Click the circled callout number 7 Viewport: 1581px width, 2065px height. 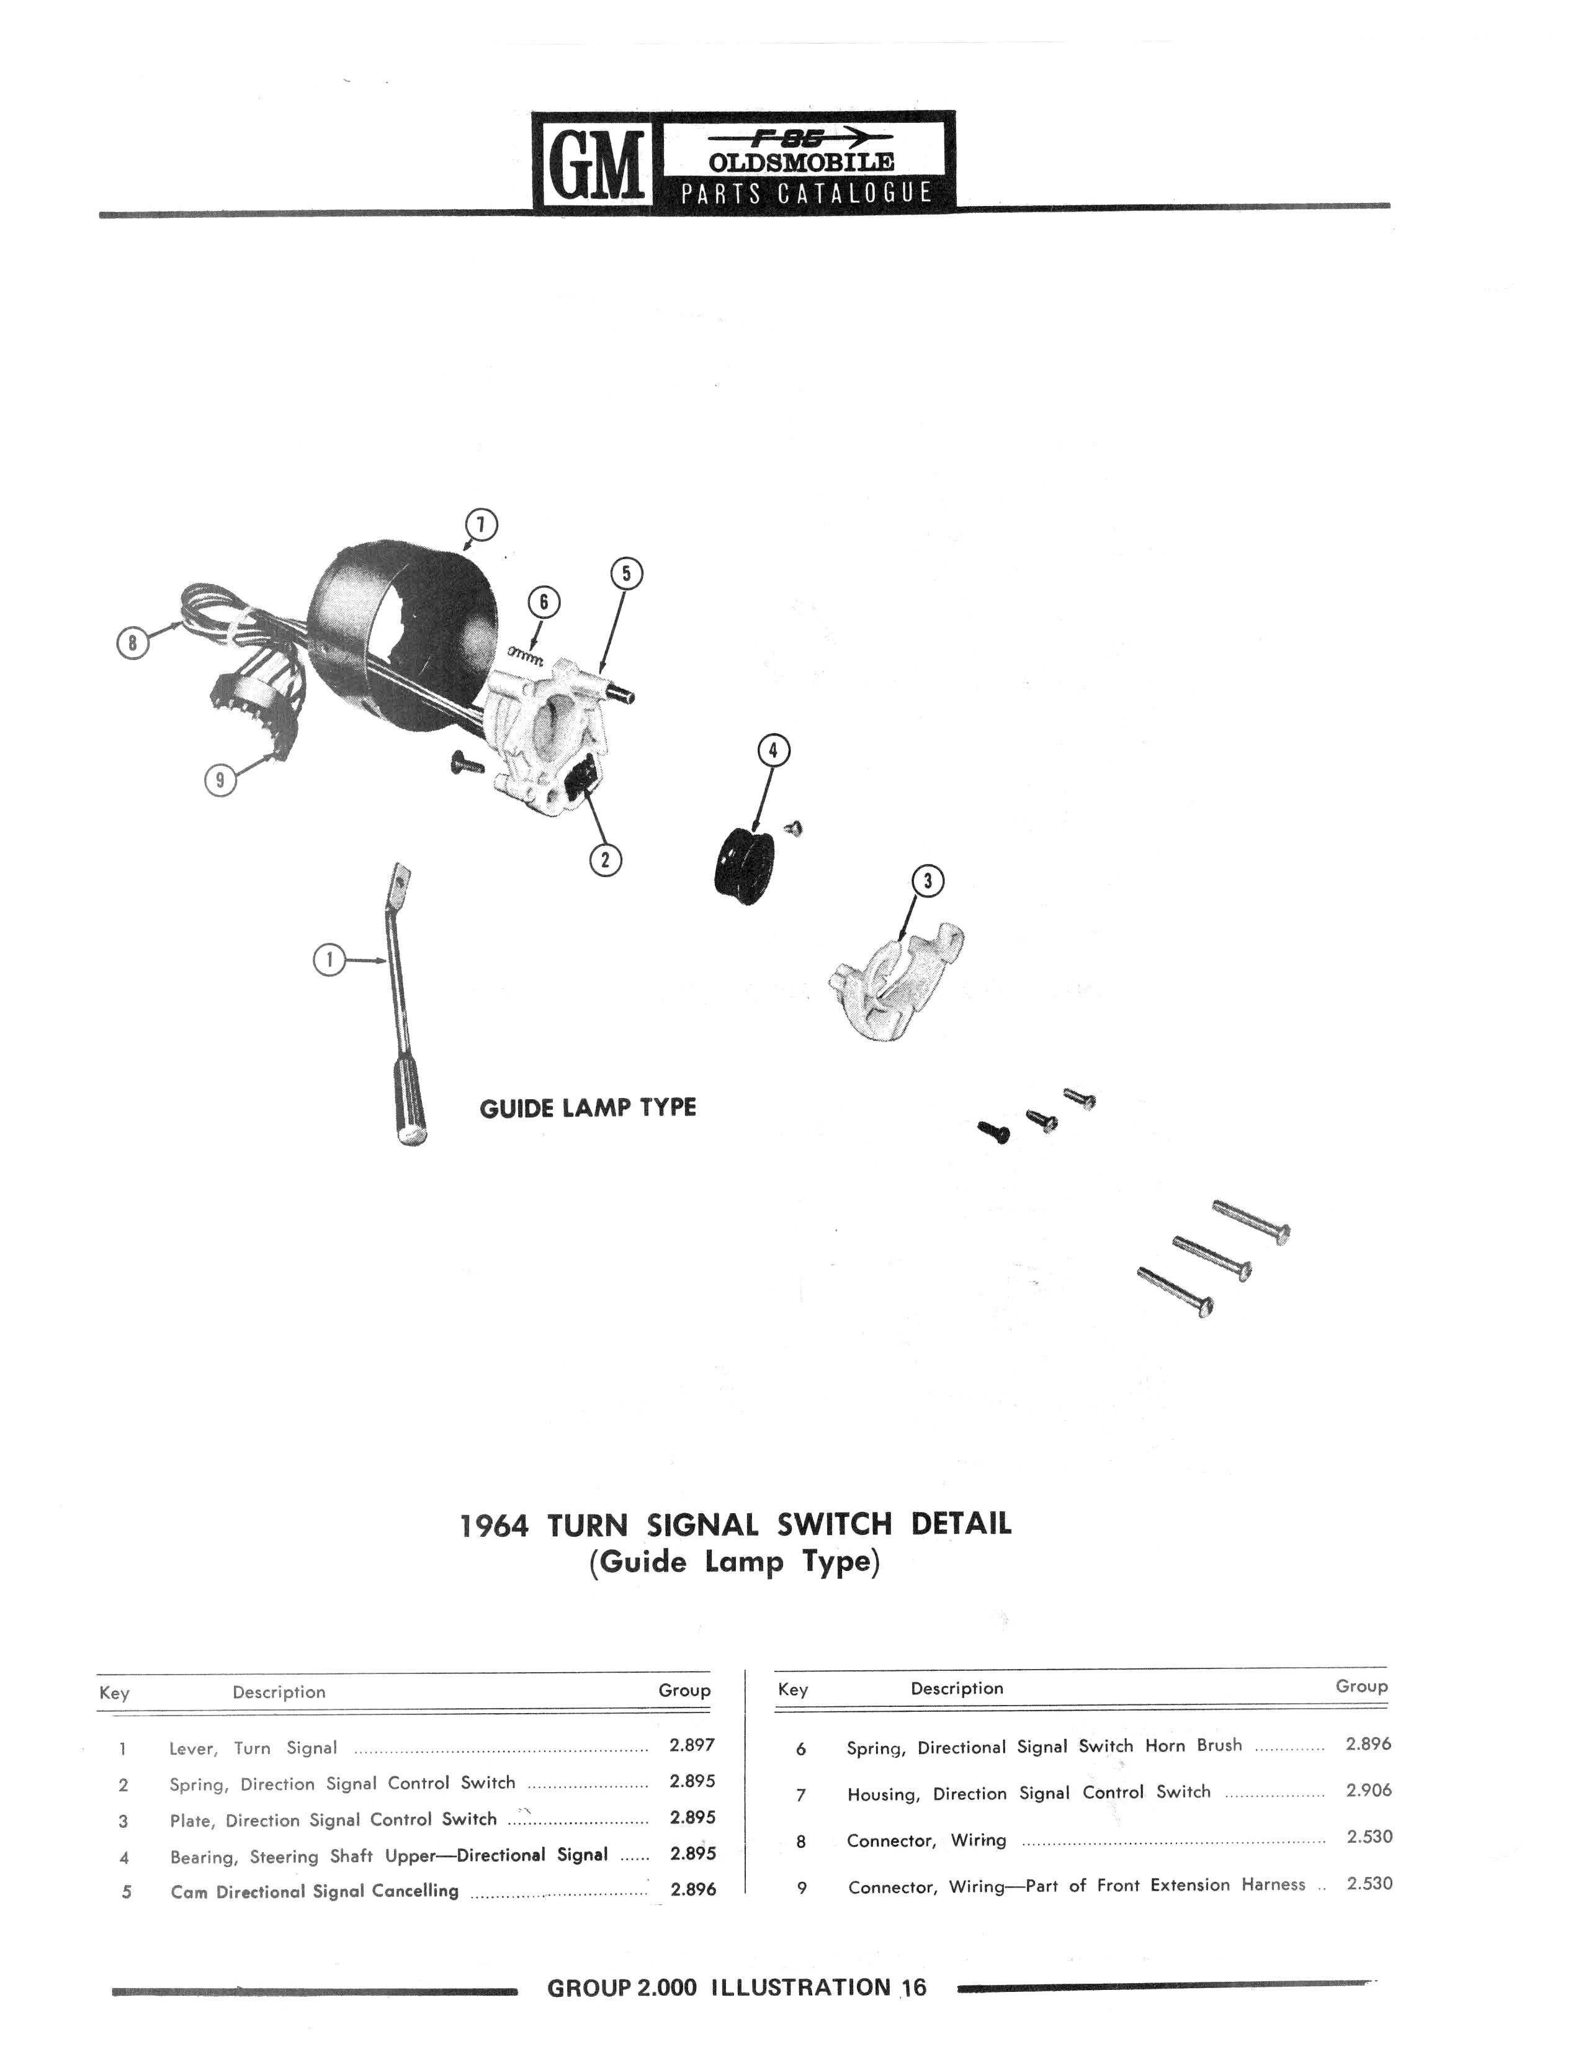481,524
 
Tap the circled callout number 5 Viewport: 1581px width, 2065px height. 627,573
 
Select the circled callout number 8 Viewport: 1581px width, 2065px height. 133,643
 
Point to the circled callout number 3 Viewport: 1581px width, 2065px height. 928,881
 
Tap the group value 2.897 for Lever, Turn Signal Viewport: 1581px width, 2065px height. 692,1744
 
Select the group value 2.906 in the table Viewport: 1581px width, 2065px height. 1368,1789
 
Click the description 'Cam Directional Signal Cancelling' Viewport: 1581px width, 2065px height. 315,1890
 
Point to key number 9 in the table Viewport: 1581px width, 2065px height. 802,1887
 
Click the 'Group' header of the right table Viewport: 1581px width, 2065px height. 1361,1686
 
